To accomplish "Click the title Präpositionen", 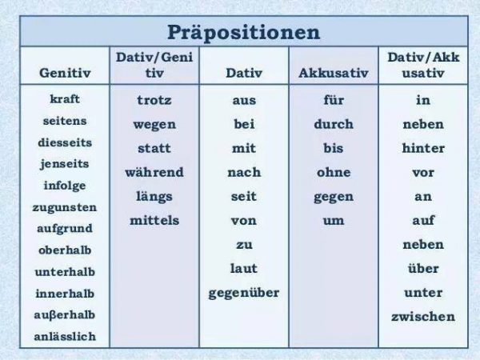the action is click(x=244, y=33).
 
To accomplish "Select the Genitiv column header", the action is click(x=65, y=73).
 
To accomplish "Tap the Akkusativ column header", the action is click(x=334, y=73).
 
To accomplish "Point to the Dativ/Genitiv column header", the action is click(x=154, y=65).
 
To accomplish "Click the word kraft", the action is click(x=65, y=99).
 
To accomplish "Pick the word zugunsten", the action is click(x=65, y=207).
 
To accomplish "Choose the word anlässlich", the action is click(x=65, y=337).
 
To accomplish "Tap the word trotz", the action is click(x=154, y=100).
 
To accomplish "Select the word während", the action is click(x=154, y=172).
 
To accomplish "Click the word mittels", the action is click(x=154, y=221).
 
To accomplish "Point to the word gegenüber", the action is click(x=244, y=293).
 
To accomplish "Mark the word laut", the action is click(x=244, y=269).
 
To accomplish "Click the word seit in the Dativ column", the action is click(x=244, y=196).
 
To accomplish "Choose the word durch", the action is click(x=334, y=124).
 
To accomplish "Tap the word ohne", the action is click(x=334, y=172).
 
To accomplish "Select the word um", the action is click(x=334, y=221).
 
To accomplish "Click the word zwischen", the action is click(x=423, y=317).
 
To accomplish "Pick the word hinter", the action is click(x=423, y=148).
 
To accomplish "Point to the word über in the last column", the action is click(x=423, y=269).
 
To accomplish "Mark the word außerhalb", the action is click(x=65, y=314).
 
